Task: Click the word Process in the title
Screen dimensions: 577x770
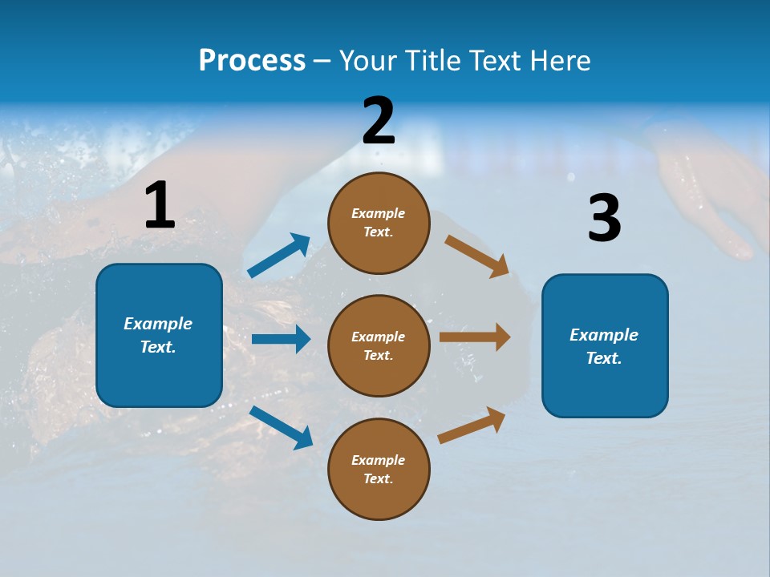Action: click(x=252, y=61)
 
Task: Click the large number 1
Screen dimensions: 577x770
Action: click(x=160, y=206)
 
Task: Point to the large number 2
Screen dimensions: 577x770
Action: click(x=379, y=121)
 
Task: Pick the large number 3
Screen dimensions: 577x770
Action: click(x=604, y=219)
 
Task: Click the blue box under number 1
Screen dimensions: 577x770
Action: click(x=159, y=335)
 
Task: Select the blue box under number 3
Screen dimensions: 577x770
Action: click(x=605, y=346)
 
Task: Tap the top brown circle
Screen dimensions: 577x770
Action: click(x=379, y=223)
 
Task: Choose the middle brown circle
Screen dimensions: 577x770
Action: click(x=379, y=345)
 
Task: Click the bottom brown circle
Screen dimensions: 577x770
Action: click(x=379, y=469)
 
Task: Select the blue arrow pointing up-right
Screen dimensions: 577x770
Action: click(x=279, y=256)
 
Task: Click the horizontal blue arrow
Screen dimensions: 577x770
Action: click(x=281, y=339)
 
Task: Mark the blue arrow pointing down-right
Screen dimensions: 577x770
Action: click(x=281, y=427)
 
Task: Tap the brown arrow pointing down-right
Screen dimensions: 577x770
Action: click(x=477, y=256)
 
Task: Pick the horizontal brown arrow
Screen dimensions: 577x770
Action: click(x=475, y=337)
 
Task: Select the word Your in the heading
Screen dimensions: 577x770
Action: click(x=367, y=61)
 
